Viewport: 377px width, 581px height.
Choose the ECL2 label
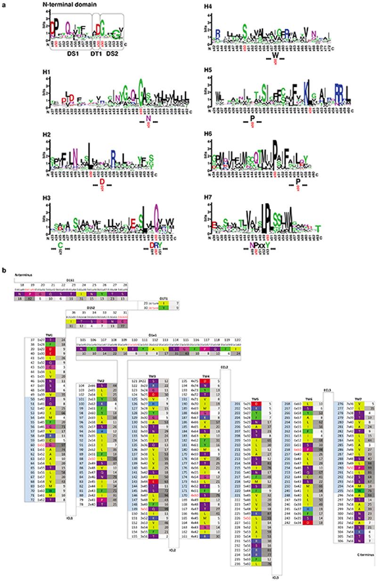[x=224, y=367]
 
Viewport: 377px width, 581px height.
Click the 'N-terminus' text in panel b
[x=23, y=274]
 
